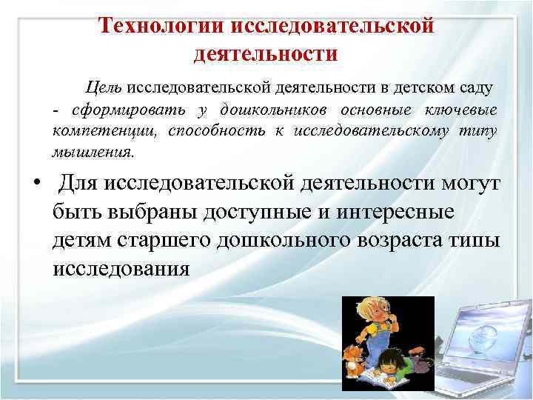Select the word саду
(x=475, y=88)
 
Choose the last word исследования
(x=121, y=268)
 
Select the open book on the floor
(x=385, y=379)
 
